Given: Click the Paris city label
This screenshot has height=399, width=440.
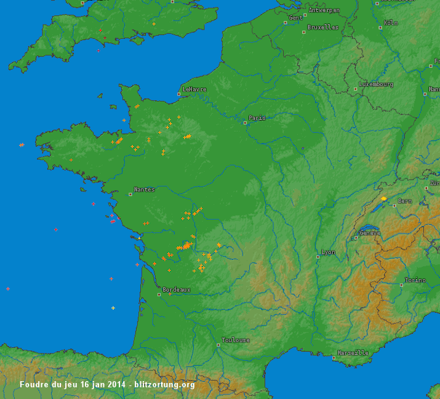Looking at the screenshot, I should point(257,118).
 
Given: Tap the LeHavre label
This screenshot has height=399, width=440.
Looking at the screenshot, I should point(194,89).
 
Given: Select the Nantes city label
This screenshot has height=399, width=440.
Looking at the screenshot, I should point(145,189).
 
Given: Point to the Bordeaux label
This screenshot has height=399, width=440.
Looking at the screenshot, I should point(177,289).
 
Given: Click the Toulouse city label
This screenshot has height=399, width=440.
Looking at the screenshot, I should point(236,340).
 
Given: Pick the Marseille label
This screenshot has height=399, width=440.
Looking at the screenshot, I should point(354,353).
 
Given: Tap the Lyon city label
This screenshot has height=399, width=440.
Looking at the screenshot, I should point(329,252).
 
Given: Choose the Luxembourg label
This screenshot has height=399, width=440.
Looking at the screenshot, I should point(376,84).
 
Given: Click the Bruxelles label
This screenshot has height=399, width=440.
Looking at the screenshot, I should point(323,27).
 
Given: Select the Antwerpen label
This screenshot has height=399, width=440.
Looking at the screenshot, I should point(324,10).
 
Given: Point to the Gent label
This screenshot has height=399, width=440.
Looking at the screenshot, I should point(296,18).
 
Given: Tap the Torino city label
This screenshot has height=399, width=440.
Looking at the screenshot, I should point(415,280).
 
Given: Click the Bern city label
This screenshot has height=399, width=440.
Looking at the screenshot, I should point(404,201).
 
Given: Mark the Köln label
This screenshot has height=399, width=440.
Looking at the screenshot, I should point(391,23).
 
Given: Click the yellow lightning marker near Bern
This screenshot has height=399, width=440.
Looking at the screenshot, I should point(384,198).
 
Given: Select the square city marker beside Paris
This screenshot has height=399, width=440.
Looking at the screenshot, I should point(245,122).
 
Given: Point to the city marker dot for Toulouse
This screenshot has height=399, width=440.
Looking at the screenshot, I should point(218,345).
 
